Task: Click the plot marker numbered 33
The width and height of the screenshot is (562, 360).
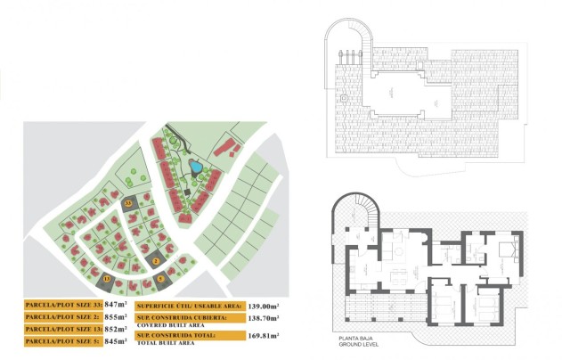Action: point(128,204)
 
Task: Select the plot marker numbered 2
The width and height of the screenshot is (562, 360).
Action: point(156,260)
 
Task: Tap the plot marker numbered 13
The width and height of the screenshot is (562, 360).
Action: point(107,279)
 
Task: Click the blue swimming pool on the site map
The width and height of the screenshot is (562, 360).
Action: point(194,166)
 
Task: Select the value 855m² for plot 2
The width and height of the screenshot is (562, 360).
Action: point(117,316)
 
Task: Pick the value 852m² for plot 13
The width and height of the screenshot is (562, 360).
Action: point(117,329)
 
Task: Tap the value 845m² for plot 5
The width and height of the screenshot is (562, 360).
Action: point(117,340)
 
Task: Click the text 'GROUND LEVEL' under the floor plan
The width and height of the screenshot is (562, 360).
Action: point(356,346)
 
